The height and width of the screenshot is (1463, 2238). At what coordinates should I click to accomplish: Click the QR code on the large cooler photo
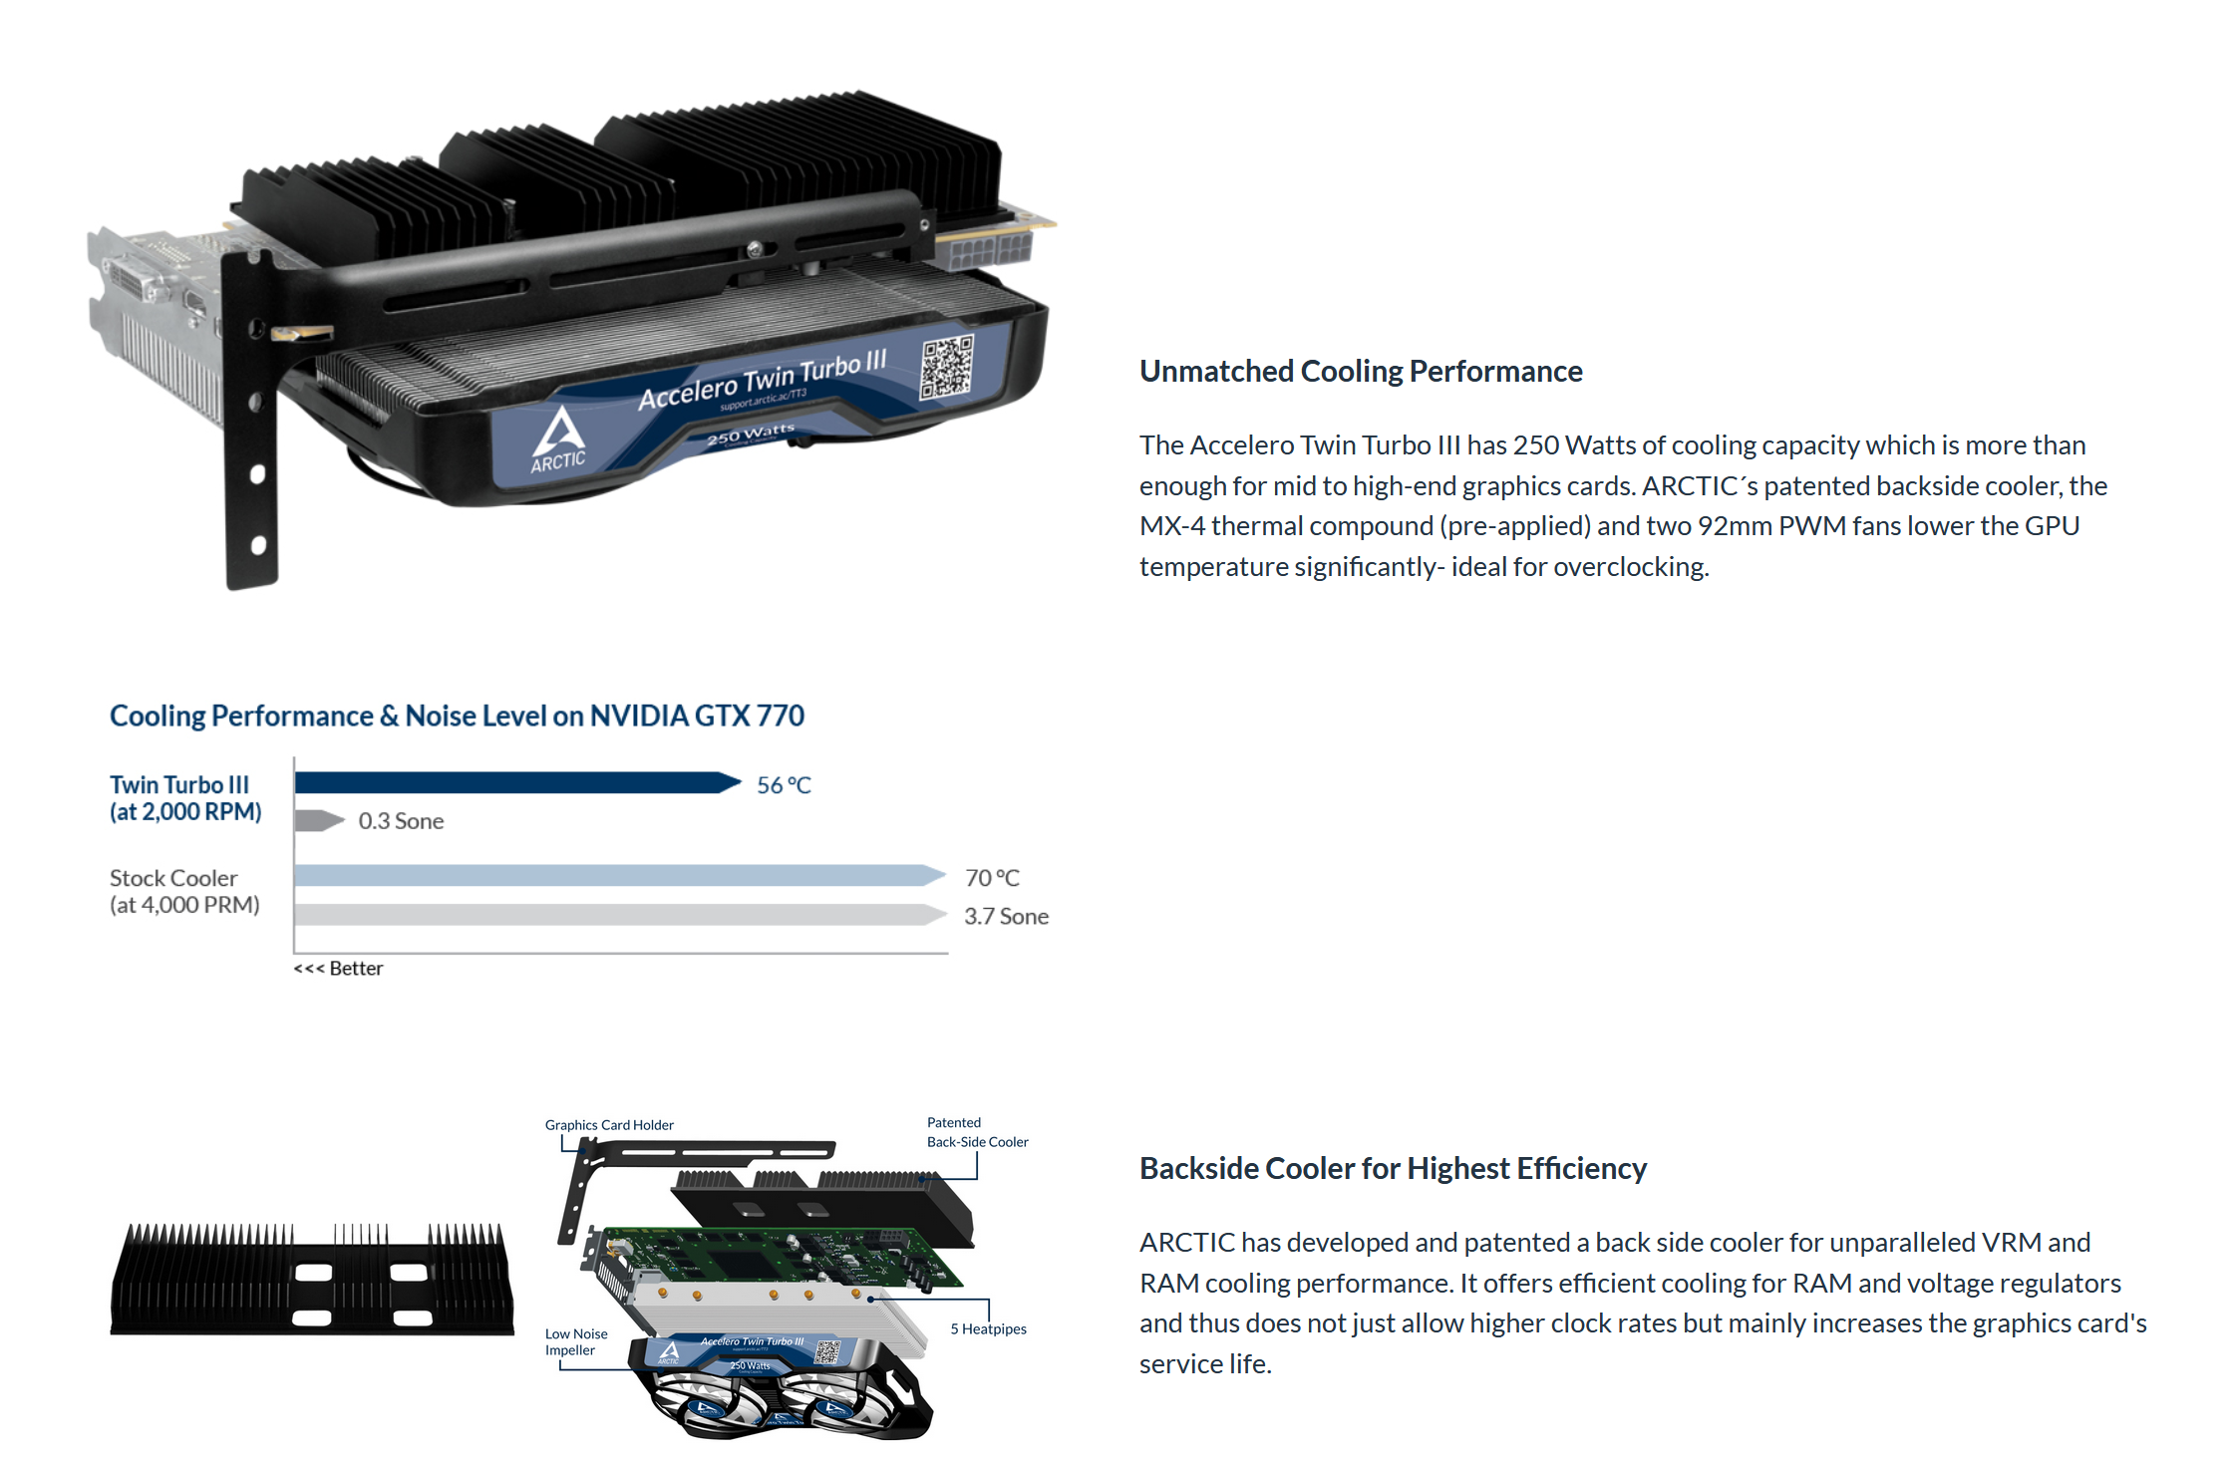[946, 366]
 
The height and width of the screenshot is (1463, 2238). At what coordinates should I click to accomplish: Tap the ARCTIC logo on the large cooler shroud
[558, 439]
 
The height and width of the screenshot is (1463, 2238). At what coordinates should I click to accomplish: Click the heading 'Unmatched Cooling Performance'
[1361, 371]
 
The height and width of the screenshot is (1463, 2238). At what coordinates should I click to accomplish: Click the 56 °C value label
[784, 785]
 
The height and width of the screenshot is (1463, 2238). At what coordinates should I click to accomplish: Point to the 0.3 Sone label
[401, 821]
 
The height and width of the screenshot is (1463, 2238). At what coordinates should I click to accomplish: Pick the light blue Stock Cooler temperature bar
[620, 875]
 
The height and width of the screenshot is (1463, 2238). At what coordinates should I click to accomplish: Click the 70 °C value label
[992, 878]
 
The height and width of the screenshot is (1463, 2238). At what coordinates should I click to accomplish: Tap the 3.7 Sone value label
[1006, 916]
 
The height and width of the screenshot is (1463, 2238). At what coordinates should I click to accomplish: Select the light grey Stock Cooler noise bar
[620, 915]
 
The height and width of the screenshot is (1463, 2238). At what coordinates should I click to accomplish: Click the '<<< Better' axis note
[338, 969]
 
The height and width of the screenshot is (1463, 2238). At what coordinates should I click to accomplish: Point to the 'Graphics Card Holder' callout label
[609, 1125]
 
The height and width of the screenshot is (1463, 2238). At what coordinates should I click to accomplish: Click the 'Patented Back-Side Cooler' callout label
[978, 1132]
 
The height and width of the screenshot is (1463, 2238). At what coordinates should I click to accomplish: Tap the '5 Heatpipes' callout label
[988, 1329]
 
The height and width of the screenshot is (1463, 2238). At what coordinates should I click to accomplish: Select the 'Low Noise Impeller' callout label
[576, 1342]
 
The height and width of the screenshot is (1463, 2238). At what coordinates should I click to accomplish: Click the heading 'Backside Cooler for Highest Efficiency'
[1393, 1168]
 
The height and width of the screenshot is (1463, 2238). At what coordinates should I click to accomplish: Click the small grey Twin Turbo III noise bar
[320, 820]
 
